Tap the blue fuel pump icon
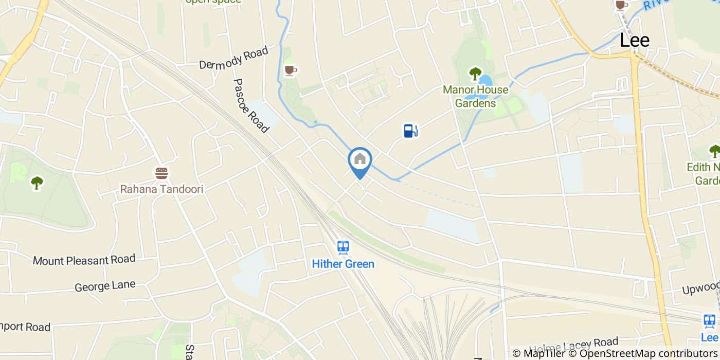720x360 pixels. click(x=410, y=131)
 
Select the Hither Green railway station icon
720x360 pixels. click(x=343, y=248)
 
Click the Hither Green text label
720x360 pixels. click(x=343, y=264)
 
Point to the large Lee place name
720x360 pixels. click(x=635, y=40)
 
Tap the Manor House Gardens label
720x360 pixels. click(x=476, y=97)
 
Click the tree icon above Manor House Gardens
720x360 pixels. click(x=475, y=74)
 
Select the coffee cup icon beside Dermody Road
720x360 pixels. click(x=290, y=70)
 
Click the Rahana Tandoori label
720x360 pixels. click(x=161, y=189)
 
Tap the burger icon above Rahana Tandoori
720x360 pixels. click(x=161, y=173)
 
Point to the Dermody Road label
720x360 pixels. click(x=234, y=58)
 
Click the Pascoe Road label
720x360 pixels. click(x=251, y=105)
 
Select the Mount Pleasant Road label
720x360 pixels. click(x=84, y=260)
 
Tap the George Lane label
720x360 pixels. click(x=105, y=286)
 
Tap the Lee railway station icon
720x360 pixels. click(x=710, y=321)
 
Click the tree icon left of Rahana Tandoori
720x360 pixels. click(x=37, y=183)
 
